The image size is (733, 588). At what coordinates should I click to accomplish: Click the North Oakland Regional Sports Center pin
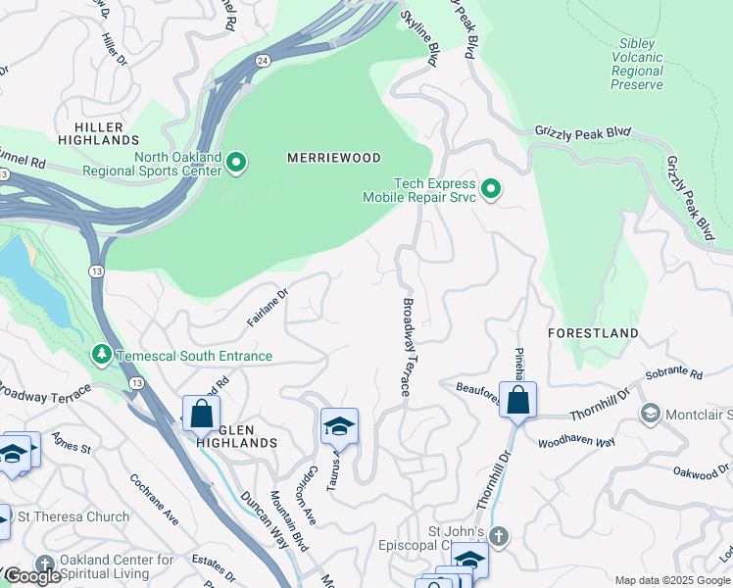(x=235, y=162)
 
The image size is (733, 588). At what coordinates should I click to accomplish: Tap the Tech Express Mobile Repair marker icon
(x=492, y=190)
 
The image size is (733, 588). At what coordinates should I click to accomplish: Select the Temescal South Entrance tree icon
(x=102, y=354)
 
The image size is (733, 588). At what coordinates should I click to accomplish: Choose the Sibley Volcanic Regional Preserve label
(x=637, y=65)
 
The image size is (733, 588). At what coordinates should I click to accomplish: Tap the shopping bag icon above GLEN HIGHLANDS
(x=201, y=414)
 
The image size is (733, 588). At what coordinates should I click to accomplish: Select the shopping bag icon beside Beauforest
(x=517, y=400)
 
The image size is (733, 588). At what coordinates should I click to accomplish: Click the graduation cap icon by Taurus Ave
(x=339, y=426)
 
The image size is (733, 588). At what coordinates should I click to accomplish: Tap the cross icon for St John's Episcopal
(x=499, y=535)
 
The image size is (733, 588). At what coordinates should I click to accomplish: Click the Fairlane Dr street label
(x=268, y=304)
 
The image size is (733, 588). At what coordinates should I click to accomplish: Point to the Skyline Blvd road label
(x=417, y=38)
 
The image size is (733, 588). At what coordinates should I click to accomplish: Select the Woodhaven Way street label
(x=575, y=443)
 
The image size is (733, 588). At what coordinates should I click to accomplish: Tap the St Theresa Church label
(x=72, y=516)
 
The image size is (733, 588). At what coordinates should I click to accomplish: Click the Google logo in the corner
(x=31, y=576)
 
